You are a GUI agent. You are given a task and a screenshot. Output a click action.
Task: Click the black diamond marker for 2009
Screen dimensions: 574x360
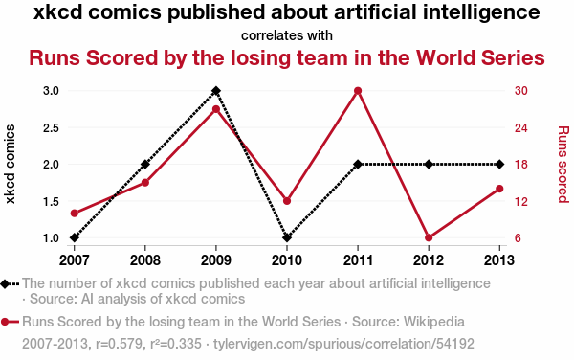tap(216, 90)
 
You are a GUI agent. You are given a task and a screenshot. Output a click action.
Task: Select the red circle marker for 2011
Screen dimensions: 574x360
tap(358, 91)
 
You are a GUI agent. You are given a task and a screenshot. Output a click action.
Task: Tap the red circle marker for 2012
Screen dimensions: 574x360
tap(429, 237)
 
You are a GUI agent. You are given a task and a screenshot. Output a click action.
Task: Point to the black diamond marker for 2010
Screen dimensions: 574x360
tap(287, 237)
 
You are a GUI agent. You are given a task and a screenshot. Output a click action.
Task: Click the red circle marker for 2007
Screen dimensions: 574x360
tap(75, 214)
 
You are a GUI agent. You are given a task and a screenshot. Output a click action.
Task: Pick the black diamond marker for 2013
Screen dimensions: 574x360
tap(499, 165)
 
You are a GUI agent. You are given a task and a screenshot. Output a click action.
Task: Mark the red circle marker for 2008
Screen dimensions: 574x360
tap(145, 182)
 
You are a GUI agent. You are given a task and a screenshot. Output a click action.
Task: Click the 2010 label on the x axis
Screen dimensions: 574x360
tap(287, 260)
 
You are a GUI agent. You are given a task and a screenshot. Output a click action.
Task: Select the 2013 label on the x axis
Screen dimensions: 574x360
tap(499, 260)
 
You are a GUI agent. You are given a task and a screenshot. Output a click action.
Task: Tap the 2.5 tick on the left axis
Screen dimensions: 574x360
tap(51, 127)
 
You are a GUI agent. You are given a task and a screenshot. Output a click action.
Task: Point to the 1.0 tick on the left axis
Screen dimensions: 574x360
tap(51, 238)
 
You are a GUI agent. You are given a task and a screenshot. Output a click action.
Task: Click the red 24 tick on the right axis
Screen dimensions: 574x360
tap(521, 127)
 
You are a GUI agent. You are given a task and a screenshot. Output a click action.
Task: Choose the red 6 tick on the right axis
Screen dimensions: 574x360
tap(518, 238)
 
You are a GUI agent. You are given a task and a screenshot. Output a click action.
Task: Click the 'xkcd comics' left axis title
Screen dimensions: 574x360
tap(10, 164)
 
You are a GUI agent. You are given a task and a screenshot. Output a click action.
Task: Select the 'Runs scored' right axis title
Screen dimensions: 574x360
tap(563, 164)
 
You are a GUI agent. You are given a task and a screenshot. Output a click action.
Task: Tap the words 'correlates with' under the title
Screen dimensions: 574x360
tap(287, 35)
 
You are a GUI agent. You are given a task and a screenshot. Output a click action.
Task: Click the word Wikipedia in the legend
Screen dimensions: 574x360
tap(434, 322)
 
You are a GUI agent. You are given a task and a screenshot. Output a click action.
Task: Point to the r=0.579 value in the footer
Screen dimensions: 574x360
tap(120, 344)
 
